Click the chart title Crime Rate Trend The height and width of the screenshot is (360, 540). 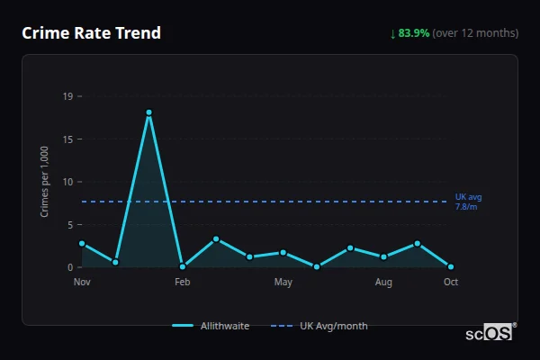coord(91,33)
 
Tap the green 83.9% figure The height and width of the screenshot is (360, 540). coord(413,33)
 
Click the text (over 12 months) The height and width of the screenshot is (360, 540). coord(475,33)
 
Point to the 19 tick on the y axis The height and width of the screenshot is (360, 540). coord(68,96)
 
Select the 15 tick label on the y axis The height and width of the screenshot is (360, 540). coord(68,139)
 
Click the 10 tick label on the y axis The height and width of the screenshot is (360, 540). coord(68,182)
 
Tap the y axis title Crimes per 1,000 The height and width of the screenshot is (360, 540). coord(44,182)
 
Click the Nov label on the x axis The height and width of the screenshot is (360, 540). coord(82,283)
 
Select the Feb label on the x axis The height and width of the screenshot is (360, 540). coord(183,283)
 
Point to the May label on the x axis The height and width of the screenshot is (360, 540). coord(283,283)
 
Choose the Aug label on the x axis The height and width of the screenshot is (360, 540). coord(383,283)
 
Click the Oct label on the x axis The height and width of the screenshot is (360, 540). coord(451,283)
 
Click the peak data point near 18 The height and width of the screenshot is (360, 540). coord(148,112)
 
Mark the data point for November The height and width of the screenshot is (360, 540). coord(82,243)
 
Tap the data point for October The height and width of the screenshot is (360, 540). coord(451,266)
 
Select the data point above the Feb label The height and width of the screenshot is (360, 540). coord(183,266)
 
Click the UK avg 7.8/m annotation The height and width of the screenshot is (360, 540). coord(468,202)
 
